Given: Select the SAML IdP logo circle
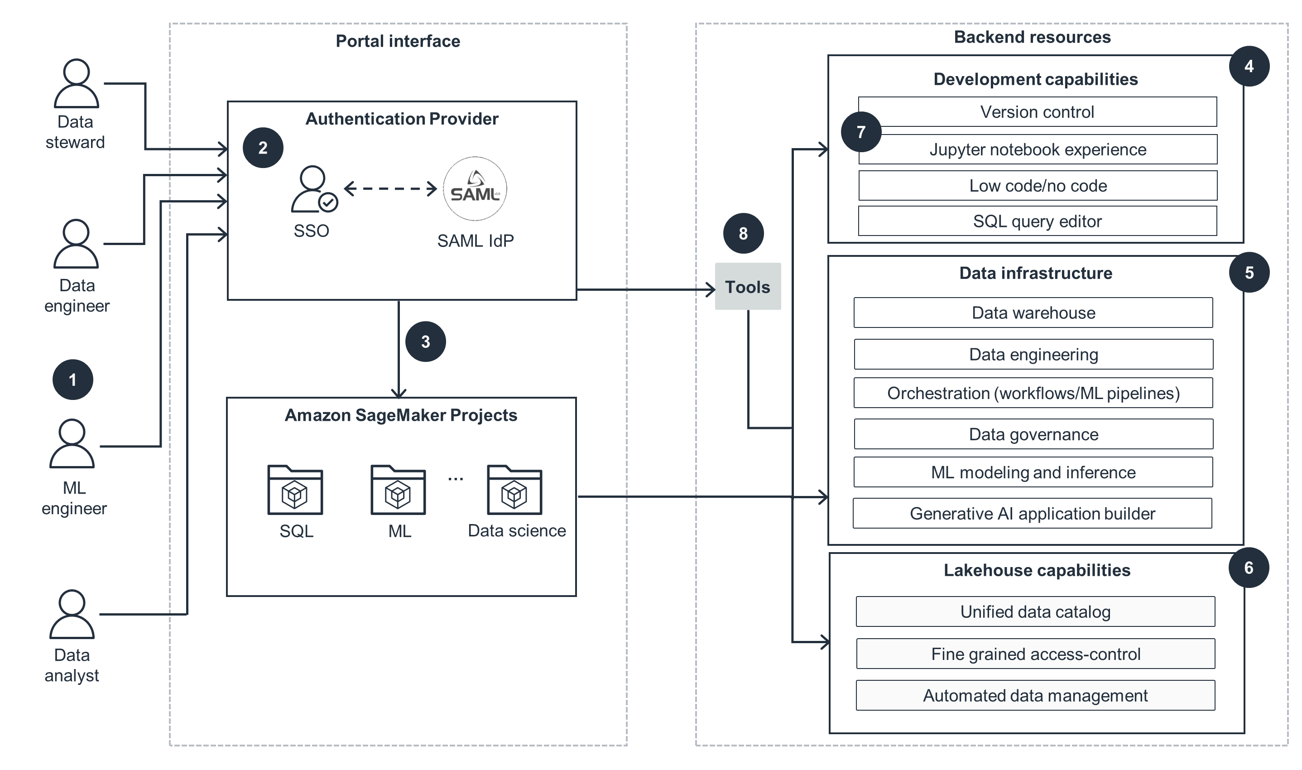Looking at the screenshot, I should (475, 189).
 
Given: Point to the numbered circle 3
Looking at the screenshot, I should (425, 342).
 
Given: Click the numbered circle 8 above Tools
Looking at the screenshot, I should (743, 233).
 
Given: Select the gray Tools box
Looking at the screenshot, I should (748, 286).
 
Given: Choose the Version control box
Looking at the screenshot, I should (1038, 111).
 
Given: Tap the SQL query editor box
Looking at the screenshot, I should (1038, 221).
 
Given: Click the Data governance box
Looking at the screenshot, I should (1033, 434).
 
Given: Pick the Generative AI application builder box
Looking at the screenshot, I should (1032, 513).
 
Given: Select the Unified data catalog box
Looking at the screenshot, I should (1035, 611).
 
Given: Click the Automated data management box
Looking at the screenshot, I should (1035, 695).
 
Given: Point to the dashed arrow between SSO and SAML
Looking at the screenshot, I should (390, 189).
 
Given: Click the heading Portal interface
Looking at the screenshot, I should (398, 41).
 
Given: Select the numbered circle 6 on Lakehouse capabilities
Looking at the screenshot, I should (1249, 568).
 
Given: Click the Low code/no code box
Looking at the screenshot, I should (1038, 186).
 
